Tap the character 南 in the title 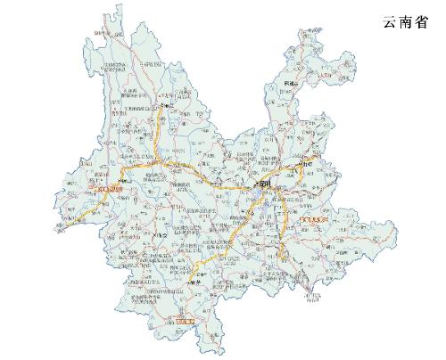point(408,23)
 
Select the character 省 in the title point(428,23)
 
